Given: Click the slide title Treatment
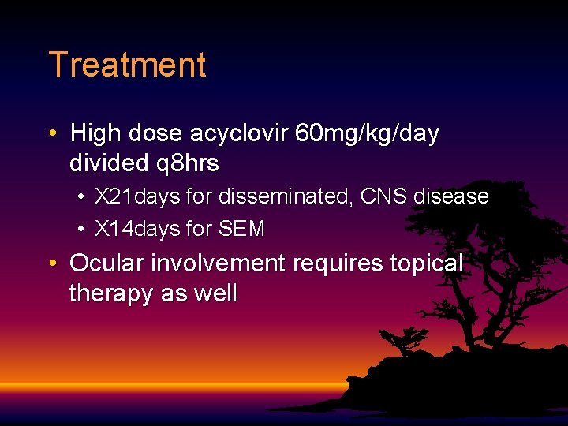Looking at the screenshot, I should [127, 65].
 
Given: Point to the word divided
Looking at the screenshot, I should [106, 163].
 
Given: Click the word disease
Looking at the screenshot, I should [452, 196].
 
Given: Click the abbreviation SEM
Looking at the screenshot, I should [241, 230].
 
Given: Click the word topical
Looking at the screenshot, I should [427, 263].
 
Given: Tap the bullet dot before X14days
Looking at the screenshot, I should [81, 230].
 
